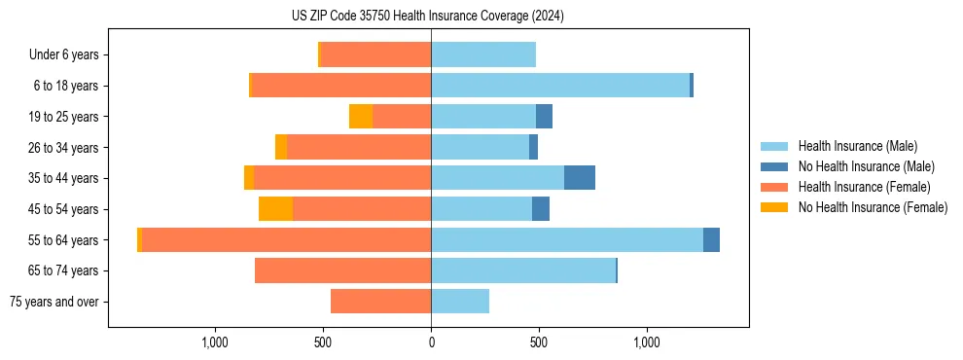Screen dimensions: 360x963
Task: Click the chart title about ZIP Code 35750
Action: click(427, 17)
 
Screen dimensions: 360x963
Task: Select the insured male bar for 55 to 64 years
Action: click(566, 240)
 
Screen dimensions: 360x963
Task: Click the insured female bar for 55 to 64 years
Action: click(286, 240)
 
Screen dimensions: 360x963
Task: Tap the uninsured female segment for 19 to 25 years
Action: click(361, 117)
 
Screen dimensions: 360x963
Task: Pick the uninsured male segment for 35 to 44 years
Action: click(580, 178)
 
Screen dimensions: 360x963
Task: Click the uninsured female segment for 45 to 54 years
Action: click(275, 209)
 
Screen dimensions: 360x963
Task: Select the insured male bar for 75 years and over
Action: click(460, 302)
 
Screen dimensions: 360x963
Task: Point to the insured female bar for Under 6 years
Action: click(375, 55)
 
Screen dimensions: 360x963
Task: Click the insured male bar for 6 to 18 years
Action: click(560, 86)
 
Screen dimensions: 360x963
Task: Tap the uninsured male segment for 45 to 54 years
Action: click(541, 209)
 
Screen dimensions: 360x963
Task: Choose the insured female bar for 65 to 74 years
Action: click(342, 270)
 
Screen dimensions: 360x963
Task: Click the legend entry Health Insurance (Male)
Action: click(857, 146)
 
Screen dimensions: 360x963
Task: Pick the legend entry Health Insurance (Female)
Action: click(865, 187)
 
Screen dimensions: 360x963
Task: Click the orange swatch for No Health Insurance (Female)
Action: click(775, 207)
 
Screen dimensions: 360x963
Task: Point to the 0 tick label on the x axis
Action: click(431, 342)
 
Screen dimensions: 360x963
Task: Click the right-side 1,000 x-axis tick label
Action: click(647, 342)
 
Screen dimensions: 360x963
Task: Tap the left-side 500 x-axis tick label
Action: click(323, 342)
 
